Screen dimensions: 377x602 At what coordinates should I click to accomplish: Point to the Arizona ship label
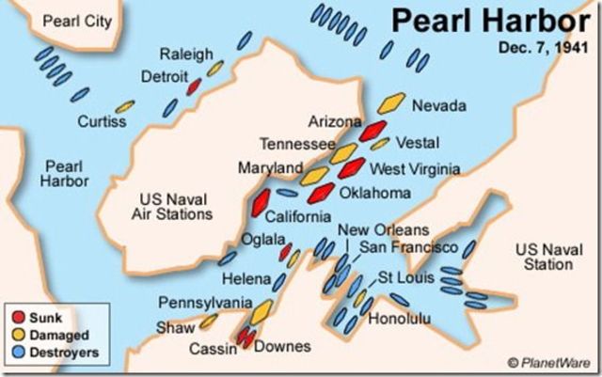(335, 121)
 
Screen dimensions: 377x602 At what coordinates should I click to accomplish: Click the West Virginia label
(415, 169)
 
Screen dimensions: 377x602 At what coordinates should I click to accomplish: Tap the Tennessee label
(295, 144)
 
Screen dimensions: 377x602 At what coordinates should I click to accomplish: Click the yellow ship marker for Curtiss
(124, 106)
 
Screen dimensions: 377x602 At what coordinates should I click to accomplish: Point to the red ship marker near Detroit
(195, 86)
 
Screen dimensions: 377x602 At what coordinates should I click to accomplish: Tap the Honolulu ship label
(399, 319)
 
